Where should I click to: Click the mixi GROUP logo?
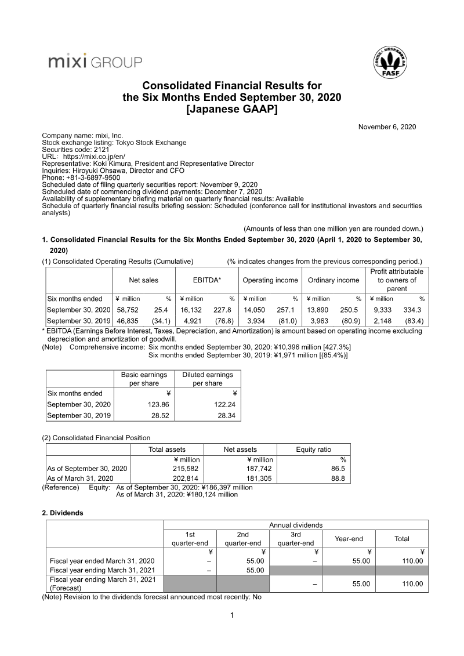pyautogui.click(x=95, y=61)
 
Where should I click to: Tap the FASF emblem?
pyautogui.click(x=391, y=63)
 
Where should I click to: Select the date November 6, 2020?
pyautogui.click(x=387, y=127)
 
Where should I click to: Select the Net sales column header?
pyautogui.click(x=143, y=280)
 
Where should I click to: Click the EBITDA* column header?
pyautogui.click(x=207, y=280)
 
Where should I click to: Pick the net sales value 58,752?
pyautogui.click(x=129, y=310)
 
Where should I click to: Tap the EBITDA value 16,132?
pyautogui.click(x=193, y=310)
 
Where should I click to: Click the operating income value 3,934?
pyautogui.click(x=258, y=321)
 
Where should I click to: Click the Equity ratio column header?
pyautogui.click(x=313, y=450)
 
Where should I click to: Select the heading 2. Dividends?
pyautogui.click(x=63, y=513)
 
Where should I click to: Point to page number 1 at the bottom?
pyautogui.click(x=232, y=615)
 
